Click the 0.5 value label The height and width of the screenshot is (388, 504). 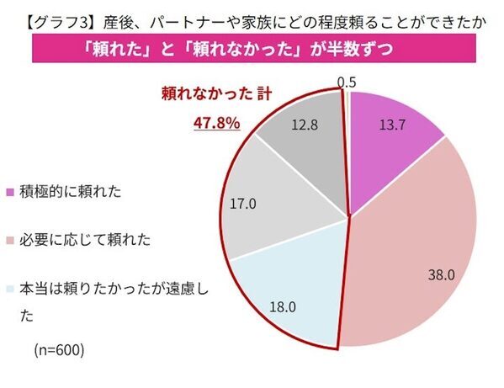pos(345,82)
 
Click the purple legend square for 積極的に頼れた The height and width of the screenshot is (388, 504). pos(10,191)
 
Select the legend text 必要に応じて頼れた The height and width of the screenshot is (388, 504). pos(83,240)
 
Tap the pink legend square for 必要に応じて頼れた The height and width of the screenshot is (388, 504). pos(10,240)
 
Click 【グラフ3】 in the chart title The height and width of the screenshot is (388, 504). pos(48,19)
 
